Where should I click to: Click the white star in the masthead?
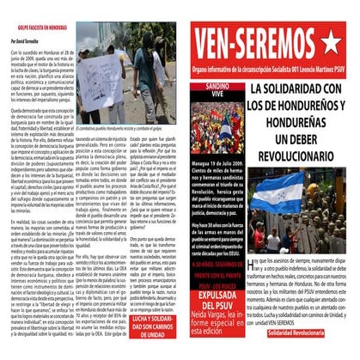[332, 40]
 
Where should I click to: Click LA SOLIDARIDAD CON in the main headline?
[290, 90]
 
